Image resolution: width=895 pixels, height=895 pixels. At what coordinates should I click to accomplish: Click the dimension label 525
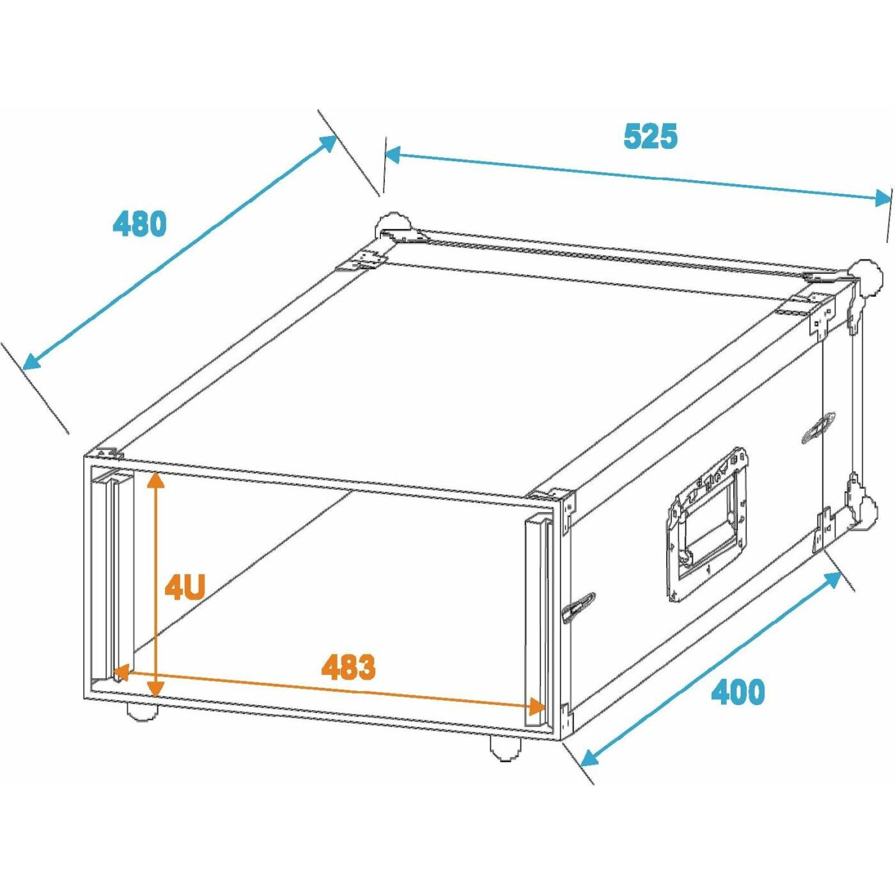(650, 136)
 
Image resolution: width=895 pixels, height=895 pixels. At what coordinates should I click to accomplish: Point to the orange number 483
(348, 667)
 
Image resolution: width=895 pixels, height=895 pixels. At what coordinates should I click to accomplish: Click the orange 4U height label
(185, 588)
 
